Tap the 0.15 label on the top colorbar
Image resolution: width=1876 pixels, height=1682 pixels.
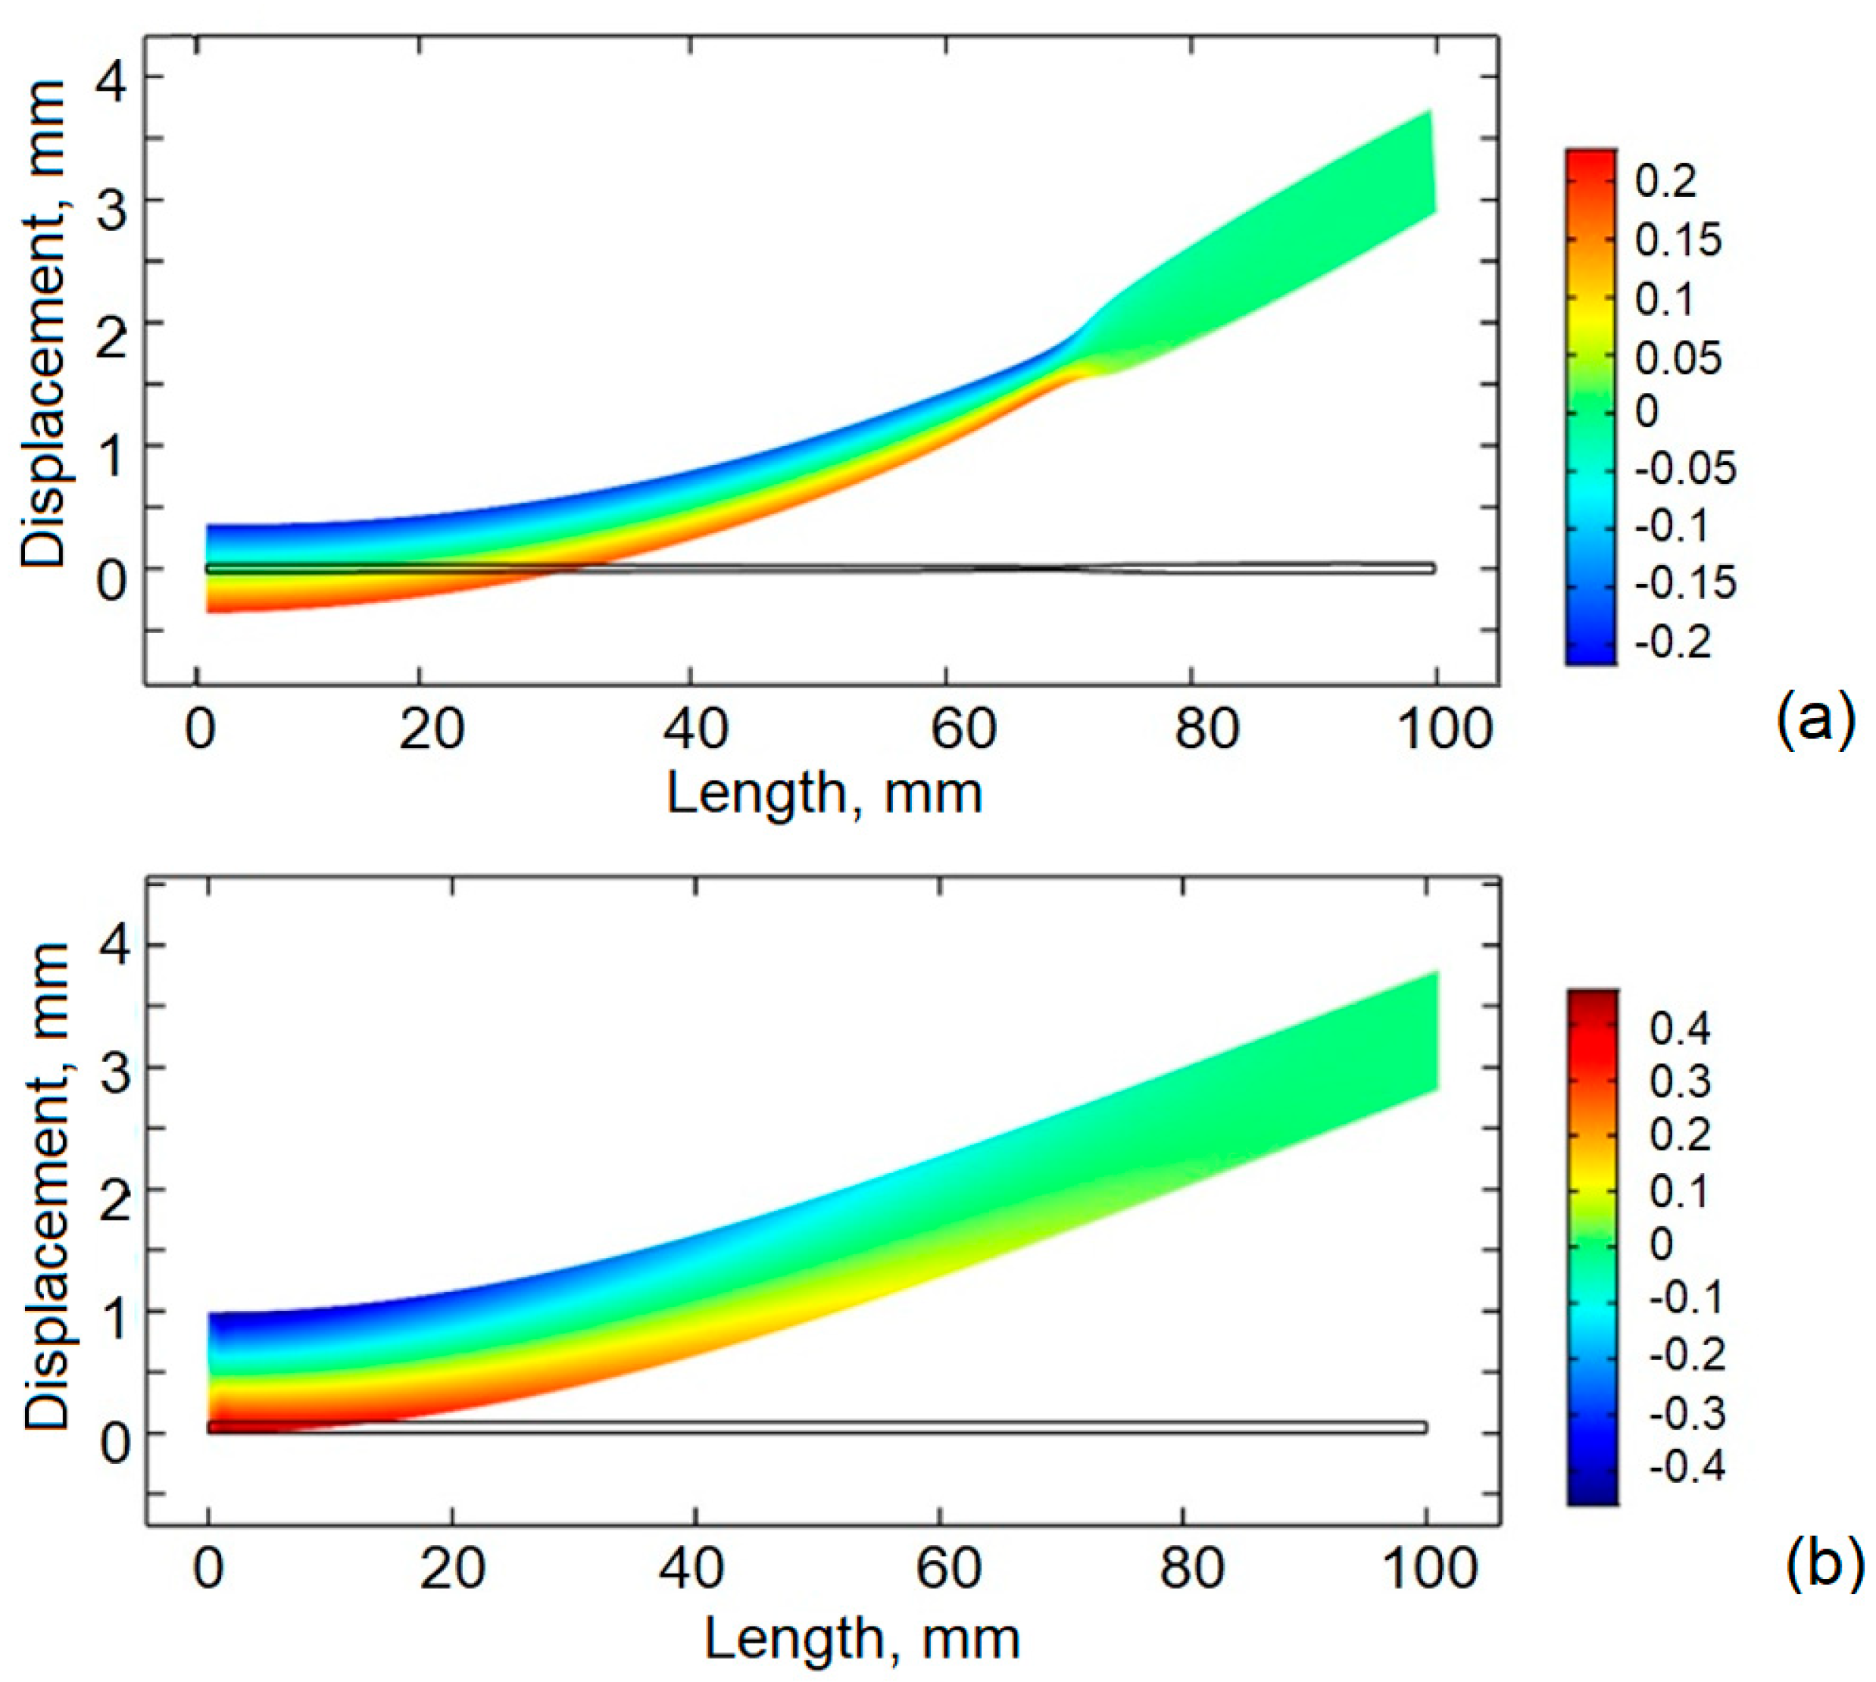1678,240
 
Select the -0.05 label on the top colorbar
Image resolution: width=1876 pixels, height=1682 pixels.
1684,470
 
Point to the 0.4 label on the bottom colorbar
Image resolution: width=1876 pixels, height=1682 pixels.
1680,1028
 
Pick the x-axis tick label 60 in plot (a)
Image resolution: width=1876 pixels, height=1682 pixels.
962,729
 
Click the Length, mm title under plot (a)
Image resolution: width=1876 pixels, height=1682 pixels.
823,794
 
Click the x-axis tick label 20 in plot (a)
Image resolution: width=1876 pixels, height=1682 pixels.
431,729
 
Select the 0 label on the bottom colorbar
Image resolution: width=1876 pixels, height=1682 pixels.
1662,1245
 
